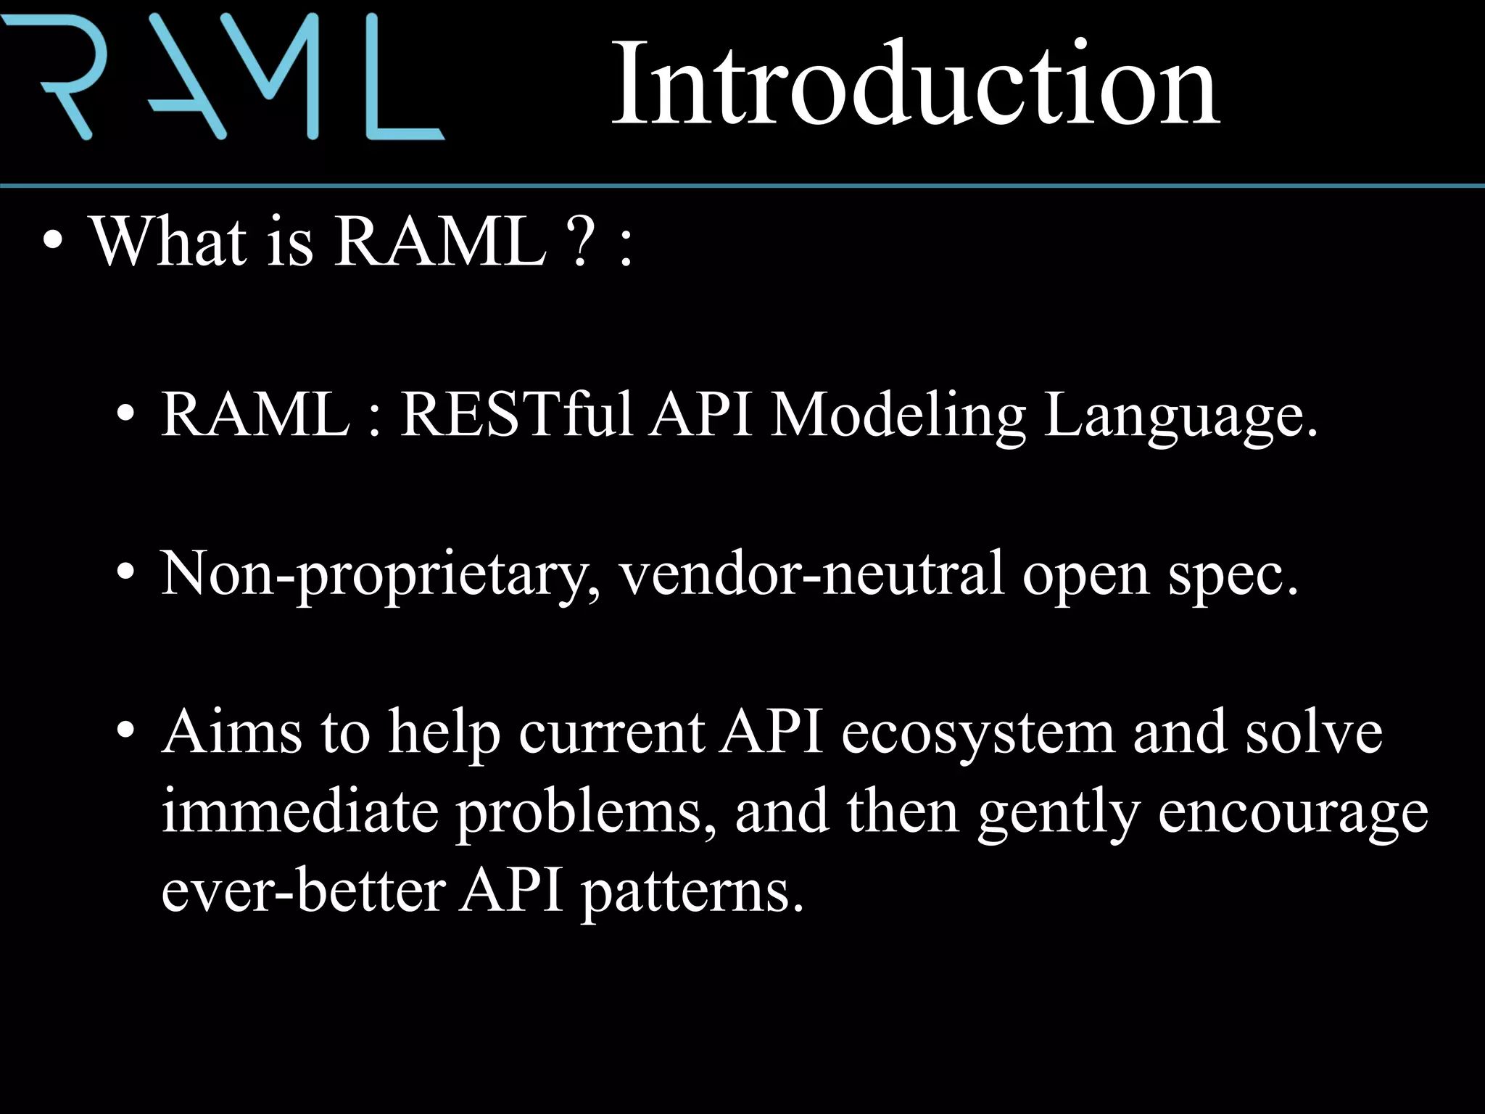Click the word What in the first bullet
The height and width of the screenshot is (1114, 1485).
pos(168,242)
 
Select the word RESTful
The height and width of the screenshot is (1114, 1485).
pos(516,415)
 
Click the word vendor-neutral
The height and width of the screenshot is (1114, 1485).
pos(812,573)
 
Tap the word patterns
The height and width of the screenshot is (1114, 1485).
pos(692,892)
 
